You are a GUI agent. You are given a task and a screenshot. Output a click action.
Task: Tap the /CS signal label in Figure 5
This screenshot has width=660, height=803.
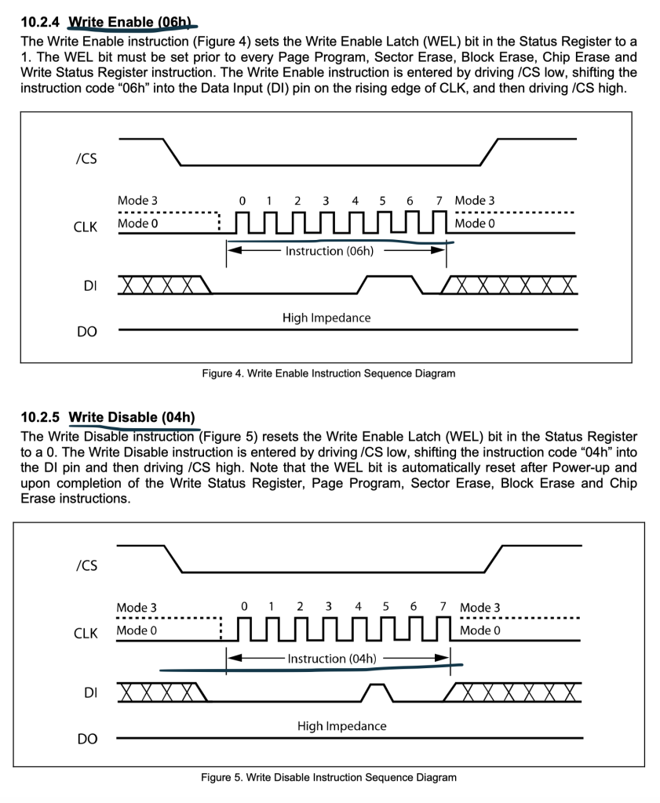[x=86, y=565]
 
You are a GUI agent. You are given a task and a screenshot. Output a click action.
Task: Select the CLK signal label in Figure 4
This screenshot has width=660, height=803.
[x=84, y=227]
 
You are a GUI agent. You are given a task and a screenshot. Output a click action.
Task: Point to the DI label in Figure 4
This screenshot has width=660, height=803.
[x=90, y=286]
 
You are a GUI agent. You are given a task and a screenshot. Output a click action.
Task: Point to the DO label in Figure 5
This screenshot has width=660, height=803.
[x=88, y=739]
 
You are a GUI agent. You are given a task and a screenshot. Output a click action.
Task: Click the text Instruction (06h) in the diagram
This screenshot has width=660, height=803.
[x=329, y=251]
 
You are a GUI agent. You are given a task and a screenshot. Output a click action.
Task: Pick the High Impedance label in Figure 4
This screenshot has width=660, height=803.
[x=326, y=318]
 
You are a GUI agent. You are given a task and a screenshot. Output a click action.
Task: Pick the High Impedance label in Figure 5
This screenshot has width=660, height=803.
[x=341, y=726]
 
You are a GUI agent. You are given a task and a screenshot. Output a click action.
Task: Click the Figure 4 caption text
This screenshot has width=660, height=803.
[x=327, y=373]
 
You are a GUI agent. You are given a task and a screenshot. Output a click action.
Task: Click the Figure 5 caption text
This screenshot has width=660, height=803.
[x=327, y=777]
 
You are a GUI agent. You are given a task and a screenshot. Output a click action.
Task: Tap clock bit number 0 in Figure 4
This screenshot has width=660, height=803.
[x=242, y=201]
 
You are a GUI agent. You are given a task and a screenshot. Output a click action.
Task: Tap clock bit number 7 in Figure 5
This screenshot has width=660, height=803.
[x=443, y=607]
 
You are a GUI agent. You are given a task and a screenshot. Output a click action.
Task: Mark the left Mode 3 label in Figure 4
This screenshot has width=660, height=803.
[x=137, y=201]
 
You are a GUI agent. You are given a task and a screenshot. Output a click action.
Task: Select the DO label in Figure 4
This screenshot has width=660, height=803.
[x=88, y=332]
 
